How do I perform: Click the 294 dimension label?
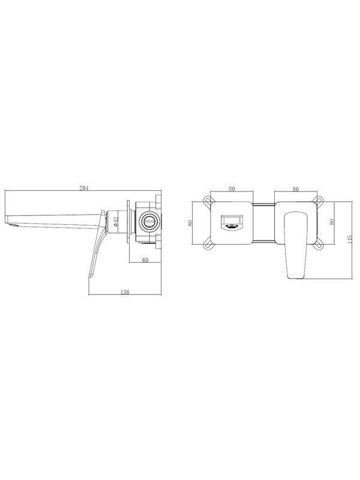click(84, 188)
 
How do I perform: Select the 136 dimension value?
click(125, 292)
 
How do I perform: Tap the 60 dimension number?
click(145, 260)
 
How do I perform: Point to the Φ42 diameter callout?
click(116, 221)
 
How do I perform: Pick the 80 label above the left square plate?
click(232, 189)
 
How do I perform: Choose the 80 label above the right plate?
click(295, 189)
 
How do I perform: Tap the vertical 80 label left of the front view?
click(190, 223)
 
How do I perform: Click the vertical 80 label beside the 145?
click(331, 221)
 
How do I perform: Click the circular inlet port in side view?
click(150, 221)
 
